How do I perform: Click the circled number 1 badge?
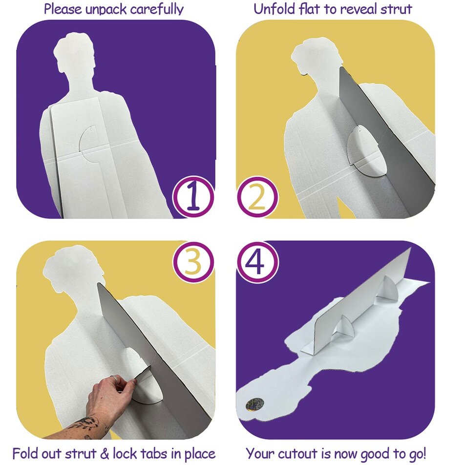193,197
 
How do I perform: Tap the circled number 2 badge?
257,197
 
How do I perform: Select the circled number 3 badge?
193,262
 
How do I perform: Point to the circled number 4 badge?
257,262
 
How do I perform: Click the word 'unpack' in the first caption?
106,10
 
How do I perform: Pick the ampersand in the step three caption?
105,454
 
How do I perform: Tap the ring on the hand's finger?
115,378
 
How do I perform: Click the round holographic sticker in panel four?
255,405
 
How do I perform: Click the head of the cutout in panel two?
317,56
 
